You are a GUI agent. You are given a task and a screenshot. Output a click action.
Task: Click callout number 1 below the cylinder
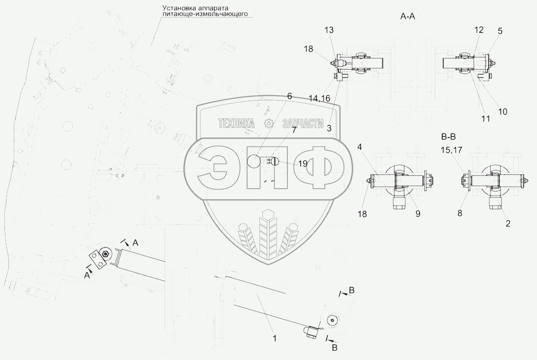[x=275, y=338]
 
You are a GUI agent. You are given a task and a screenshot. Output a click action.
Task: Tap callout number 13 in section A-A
[x=329, y=30]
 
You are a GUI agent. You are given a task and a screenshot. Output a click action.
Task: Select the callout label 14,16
[x=320, y=99]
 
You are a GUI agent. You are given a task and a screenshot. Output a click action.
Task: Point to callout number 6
[x=289, y=96]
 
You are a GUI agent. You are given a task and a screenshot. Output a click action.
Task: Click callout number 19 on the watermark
[x=303, y=164]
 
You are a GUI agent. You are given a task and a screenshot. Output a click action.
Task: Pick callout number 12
[x=479, y=30]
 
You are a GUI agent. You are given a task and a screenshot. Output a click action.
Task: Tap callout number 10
[x=503, y=111]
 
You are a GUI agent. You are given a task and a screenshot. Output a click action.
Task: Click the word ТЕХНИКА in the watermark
[x=237, y=124]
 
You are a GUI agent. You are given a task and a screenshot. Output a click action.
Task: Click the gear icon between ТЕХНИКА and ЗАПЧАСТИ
[x=268, y=124]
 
